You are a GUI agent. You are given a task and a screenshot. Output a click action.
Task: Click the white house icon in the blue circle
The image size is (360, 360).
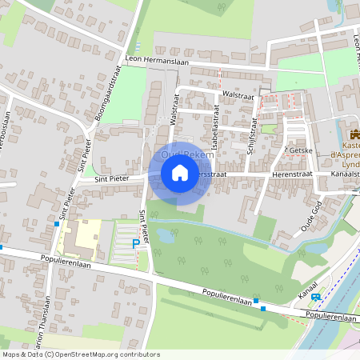(x=180, y=172)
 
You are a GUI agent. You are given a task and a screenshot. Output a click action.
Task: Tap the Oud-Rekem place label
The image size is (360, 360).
(x=188, y=154)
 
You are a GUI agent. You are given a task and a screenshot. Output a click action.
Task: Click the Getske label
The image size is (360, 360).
(x=300, y=150)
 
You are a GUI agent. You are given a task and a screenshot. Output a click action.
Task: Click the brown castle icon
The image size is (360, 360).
(x=353, y=134)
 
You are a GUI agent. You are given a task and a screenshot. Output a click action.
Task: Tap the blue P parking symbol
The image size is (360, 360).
(x=136, y=242)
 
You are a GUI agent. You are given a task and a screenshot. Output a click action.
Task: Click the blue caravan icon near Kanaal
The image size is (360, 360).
(x=316, y=297)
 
